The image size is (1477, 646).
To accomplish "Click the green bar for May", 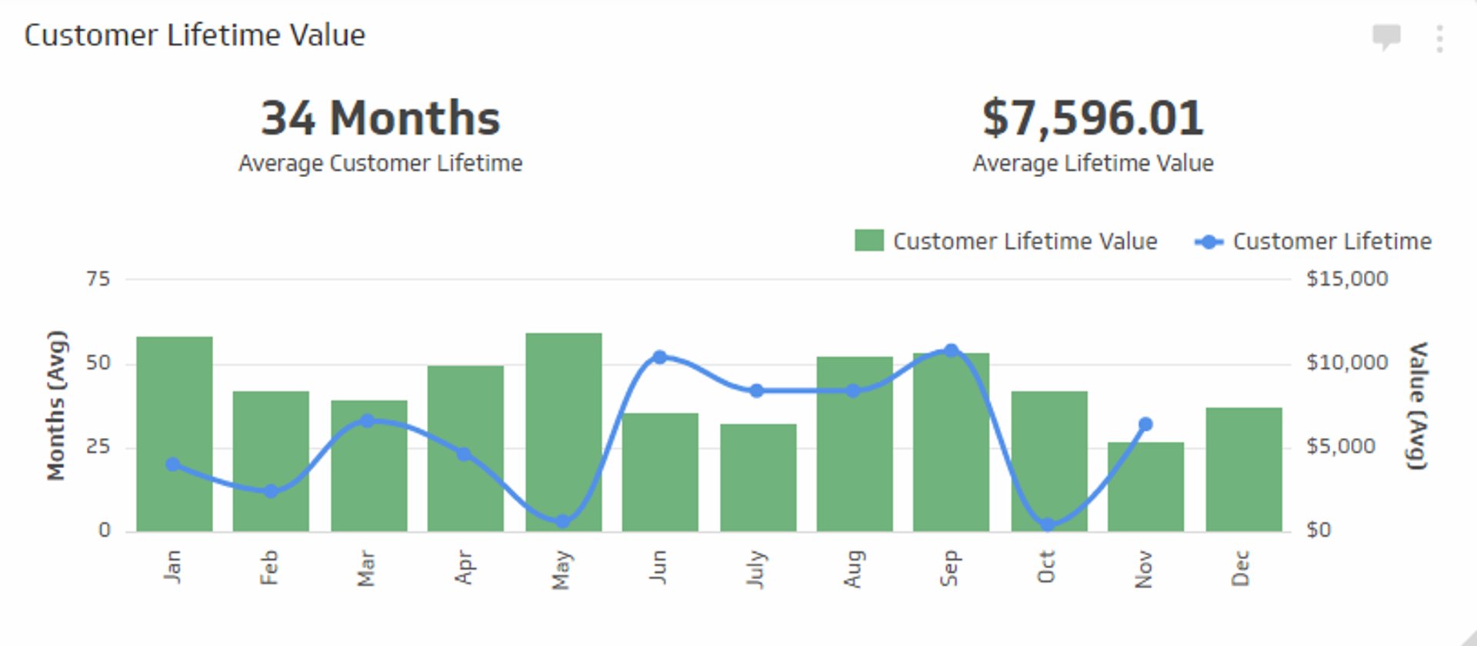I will click(x=563, y=431).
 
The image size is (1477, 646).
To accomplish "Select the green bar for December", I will click(x=1243, y=470).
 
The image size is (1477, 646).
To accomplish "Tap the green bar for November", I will click(x=1145, y=487).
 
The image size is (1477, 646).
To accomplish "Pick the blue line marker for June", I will click(x=659, y=357).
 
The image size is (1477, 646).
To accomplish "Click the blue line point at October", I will click(x=1047, y=525).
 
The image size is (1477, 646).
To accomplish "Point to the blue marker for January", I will click(x=173, y=464).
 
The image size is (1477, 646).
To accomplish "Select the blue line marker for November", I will click(x=1145, y=424).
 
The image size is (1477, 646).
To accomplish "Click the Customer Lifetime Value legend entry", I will click(x=1006, y=241).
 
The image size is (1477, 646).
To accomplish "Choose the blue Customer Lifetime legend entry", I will click(x=1312, y=241).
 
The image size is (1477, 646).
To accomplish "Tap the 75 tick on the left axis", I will click(x=98, y=279).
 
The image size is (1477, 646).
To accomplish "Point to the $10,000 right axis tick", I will click(x=1346, y=363).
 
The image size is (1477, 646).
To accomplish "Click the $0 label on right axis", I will click(x=1319, y=530).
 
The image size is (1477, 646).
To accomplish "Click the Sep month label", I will click(x=950, y=568).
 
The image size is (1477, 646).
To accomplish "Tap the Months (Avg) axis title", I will click(x=56, y=405).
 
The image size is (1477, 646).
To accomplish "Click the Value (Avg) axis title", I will click(x=1417, y=405).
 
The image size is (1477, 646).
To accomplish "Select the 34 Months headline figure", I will click(x=380, y=119).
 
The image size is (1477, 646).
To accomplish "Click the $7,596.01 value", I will click(x=1092, y=119).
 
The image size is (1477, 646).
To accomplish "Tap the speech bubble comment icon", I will click(x=1386, y=36).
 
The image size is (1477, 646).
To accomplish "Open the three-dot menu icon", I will click(x=1439, y=38).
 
